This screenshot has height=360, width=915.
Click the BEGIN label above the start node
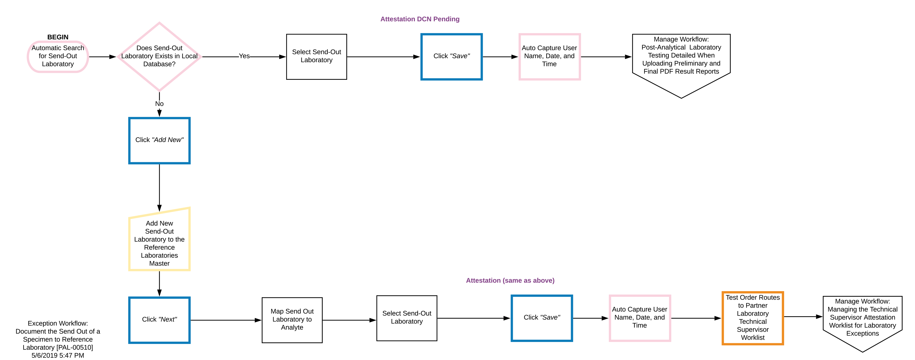[58, 37]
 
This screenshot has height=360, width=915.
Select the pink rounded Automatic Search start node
[58, 56]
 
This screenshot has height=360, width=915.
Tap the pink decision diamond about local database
[159, 56]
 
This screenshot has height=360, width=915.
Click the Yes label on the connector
[244, 56]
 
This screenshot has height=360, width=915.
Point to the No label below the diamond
[159, 104]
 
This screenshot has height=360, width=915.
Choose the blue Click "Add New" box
[159, 141]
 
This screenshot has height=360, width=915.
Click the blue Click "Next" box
[159, 320]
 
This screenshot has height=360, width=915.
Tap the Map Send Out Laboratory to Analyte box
[292, 320]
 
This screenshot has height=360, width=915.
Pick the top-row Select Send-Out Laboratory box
[316, 56]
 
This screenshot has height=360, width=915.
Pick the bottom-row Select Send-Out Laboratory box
[406, 318]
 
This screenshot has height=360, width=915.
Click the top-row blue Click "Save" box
[451, 56]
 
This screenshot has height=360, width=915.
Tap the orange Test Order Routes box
[752, 318]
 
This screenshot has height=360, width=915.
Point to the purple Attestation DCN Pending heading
[420, 19]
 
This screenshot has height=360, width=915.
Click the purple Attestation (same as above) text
[510, 280]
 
